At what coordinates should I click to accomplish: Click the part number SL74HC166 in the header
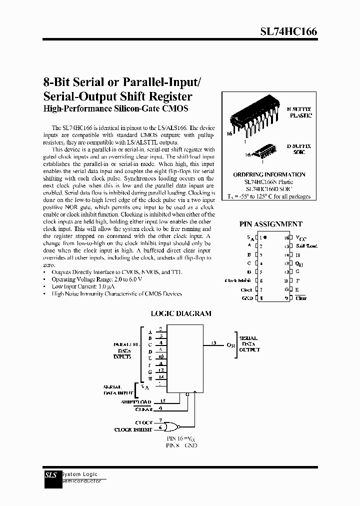288,31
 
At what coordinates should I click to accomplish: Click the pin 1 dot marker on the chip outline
265,237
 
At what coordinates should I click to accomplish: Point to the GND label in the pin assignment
246,298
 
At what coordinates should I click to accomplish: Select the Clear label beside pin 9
301,298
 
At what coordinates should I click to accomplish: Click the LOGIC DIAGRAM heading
181,313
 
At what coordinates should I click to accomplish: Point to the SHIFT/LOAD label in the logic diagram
136,401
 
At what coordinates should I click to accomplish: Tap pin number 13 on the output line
214,342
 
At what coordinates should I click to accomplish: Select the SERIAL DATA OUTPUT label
249,344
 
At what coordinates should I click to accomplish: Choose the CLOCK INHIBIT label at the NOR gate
133,429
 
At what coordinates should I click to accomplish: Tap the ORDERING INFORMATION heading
269,174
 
